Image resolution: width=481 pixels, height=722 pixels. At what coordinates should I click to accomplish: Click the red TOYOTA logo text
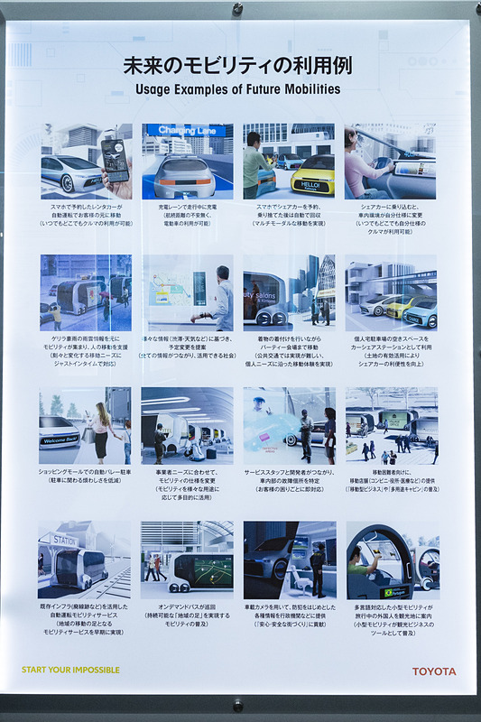(x=434, y=671)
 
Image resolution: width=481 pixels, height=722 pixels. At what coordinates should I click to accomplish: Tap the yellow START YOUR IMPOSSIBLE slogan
(x=70, y=671)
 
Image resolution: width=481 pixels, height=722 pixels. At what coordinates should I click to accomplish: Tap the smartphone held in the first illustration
(x=114, y=159)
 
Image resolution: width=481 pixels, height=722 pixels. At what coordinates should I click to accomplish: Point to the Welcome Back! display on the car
(x=61, y=441)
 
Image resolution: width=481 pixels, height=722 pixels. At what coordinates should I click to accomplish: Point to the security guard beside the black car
(x=317, y=568)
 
